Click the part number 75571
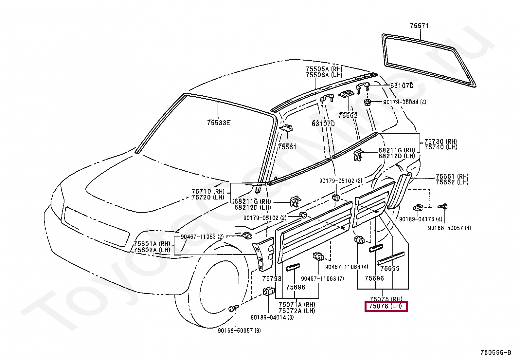point(419,26)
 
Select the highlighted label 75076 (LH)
point(386,307)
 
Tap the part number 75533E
point(218,123)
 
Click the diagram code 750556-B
point(495,353)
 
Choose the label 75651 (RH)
point(452,177)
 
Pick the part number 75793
point(272,279)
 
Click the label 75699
point(390,269)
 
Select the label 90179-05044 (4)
point(404,102)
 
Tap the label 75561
point(287,147)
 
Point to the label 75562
point(348,116)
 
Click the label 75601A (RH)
point(152,244)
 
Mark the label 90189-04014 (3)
point(272,317)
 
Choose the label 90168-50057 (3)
point(239,331)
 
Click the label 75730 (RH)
point(440,142)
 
